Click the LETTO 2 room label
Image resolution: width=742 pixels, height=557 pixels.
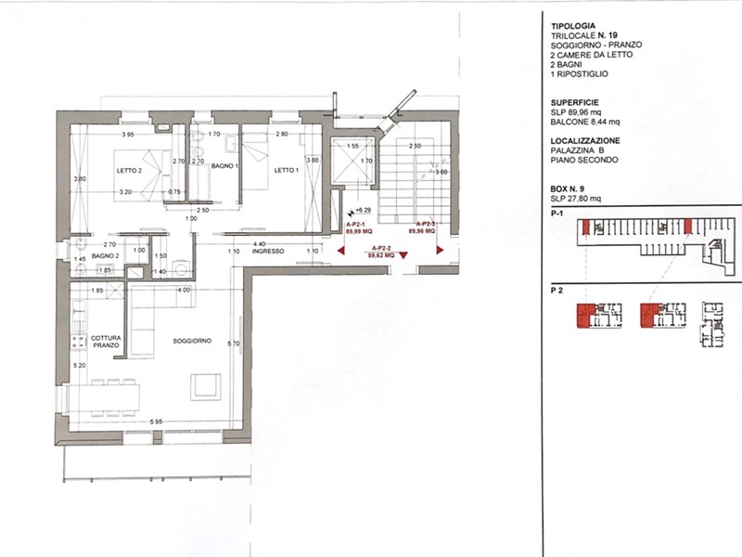[128, 171]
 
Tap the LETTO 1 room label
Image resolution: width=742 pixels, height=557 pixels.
[285, 171]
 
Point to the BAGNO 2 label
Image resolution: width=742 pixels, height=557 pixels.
[106, 255]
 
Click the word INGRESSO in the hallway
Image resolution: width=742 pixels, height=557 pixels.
[267, 252]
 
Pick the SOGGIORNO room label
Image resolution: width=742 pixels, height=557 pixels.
[192, 342]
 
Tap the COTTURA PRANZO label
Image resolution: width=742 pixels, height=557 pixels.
[105, 341]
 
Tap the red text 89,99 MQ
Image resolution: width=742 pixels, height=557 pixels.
[358, 232]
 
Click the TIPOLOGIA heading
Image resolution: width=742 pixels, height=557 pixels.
[568, 27]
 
